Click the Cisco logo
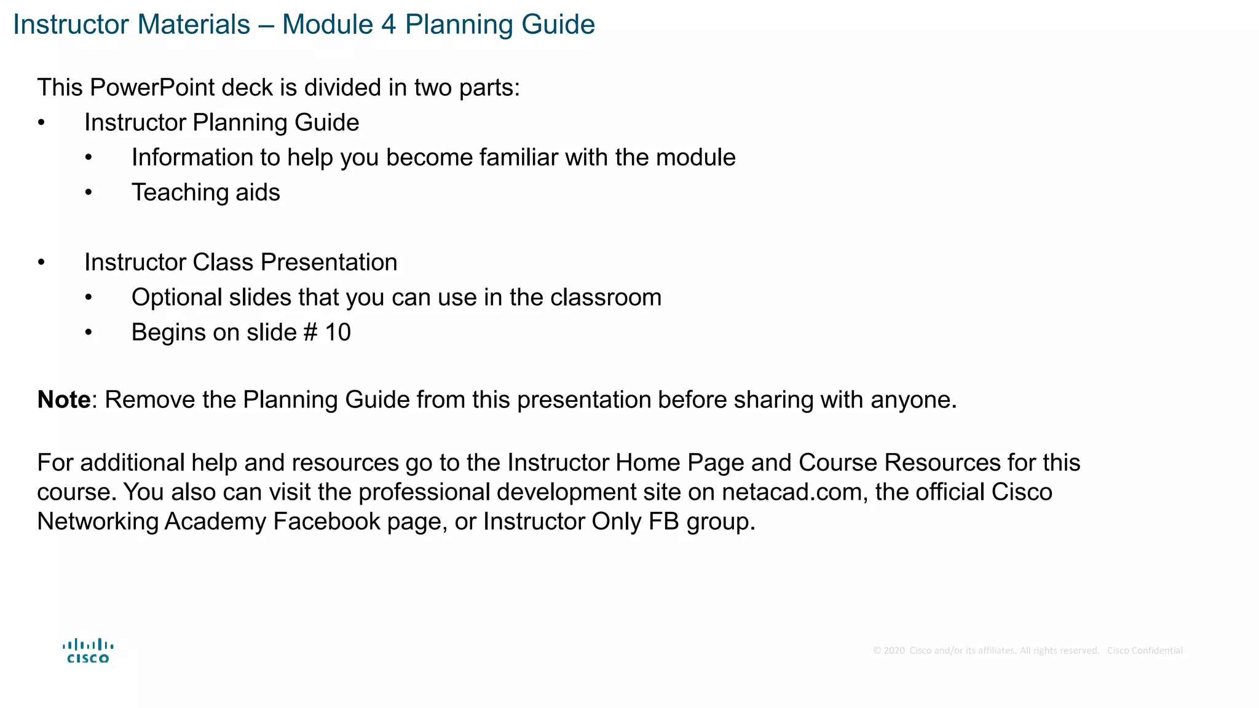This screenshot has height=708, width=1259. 88,651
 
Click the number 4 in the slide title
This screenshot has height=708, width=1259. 388,25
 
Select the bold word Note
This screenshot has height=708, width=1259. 64,400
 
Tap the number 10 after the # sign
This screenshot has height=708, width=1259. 337,332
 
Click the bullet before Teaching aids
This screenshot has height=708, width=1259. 89,193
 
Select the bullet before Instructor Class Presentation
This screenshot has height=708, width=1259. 41,262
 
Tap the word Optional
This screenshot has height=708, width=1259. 176,298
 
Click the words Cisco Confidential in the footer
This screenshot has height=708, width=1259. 1145,651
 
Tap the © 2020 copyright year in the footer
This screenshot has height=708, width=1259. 889,651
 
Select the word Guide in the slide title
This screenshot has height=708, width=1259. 558,25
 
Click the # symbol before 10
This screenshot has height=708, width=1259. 310,332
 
